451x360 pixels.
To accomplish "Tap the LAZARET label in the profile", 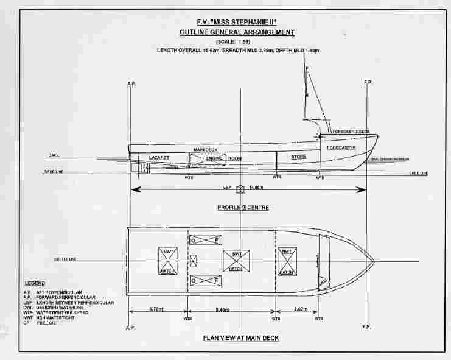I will coord(158,158).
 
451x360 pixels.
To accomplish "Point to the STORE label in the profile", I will coord(298,157).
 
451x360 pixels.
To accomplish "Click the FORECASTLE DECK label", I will coord(348,132).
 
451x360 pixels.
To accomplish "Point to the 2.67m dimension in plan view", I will coord(301,309).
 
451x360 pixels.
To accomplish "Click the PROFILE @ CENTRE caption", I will coord(243,208).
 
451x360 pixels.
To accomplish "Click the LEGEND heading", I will coord(35,284).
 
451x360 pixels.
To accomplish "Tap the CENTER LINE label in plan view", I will coord(66,259).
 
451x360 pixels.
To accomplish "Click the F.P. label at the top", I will coord(368,82).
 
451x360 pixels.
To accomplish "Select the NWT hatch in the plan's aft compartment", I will coord(167,259).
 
